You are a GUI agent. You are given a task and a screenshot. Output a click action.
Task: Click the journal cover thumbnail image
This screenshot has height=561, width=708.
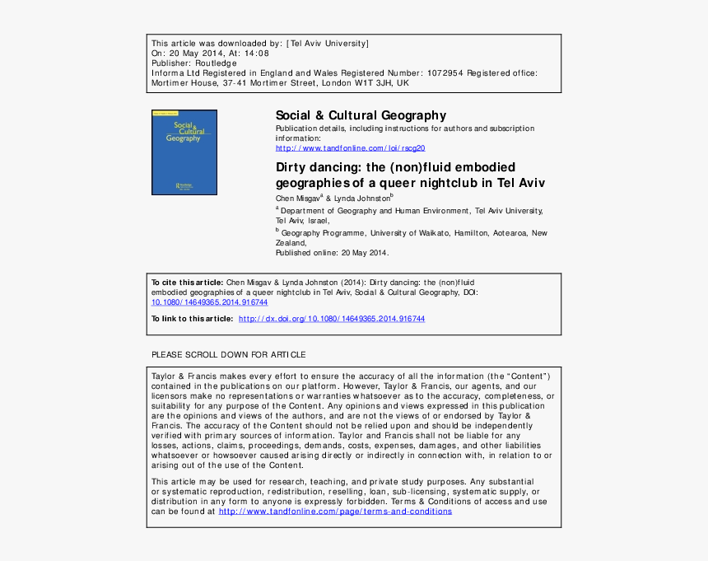(184, 152)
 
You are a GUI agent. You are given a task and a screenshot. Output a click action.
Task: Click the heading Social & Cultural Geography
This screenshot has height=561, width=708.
(361, 115)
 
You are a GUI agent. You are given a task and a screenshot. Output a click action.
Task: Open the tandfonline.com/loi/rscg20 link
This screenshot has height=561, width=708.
(350, 148)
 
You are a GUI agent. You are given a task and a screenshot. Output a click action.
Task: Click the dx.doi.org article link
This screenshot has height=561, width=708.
(332, 319)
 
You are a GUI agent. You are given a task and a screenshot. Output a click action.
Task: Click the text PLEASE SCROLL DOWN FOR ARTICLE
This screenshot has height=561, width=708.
(228, 355)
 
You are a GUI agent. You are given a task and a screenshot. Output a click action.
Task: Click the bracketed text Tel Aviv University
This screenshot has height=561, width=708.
(328, 43)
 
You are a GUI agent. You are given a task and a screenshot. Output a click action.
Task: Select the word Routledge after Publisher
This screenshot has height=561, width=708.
(216, 63)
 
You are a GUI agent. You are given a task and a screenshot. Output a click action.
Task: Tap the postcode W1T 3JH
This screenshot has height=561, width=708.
(374, 83)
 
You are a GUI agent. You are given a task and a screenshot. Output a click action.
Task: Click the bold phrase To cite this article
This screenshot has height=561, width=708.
(187, 283)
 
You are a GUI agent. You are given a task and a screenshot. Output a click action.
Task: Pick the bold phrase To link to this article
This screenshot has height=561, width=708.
(192, 319)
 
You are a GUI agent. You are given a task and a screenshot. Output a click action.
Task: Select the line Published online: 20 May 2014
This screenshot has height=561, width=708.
(332, 253)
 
